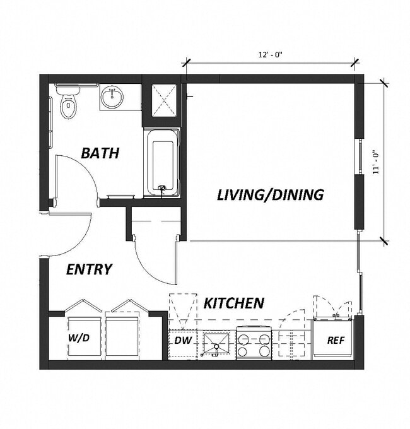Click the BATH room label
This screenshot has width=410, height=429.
pyautogui.click(x=100, y=153)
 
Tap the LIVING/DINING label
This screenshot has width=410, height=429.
pyautogui.click(x=270, y=194)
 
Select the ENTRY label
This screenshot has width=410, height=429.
pyautogui.click(x=89, y=269)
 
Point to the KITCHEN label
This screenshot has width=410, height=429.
pyautogui.click(x=233, y=303)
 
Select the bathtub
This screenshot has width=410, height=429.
pyautogui.click(x=162, y=163)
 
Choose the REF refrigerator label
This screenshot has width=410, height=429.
pyautogui.click(x=335, y=340)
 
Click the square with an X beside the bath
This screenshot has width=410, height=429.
pyautogui.click(x=161, y=101)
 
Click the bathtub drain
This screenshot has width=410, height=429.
pyautogui.click(x=162, y=188)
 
